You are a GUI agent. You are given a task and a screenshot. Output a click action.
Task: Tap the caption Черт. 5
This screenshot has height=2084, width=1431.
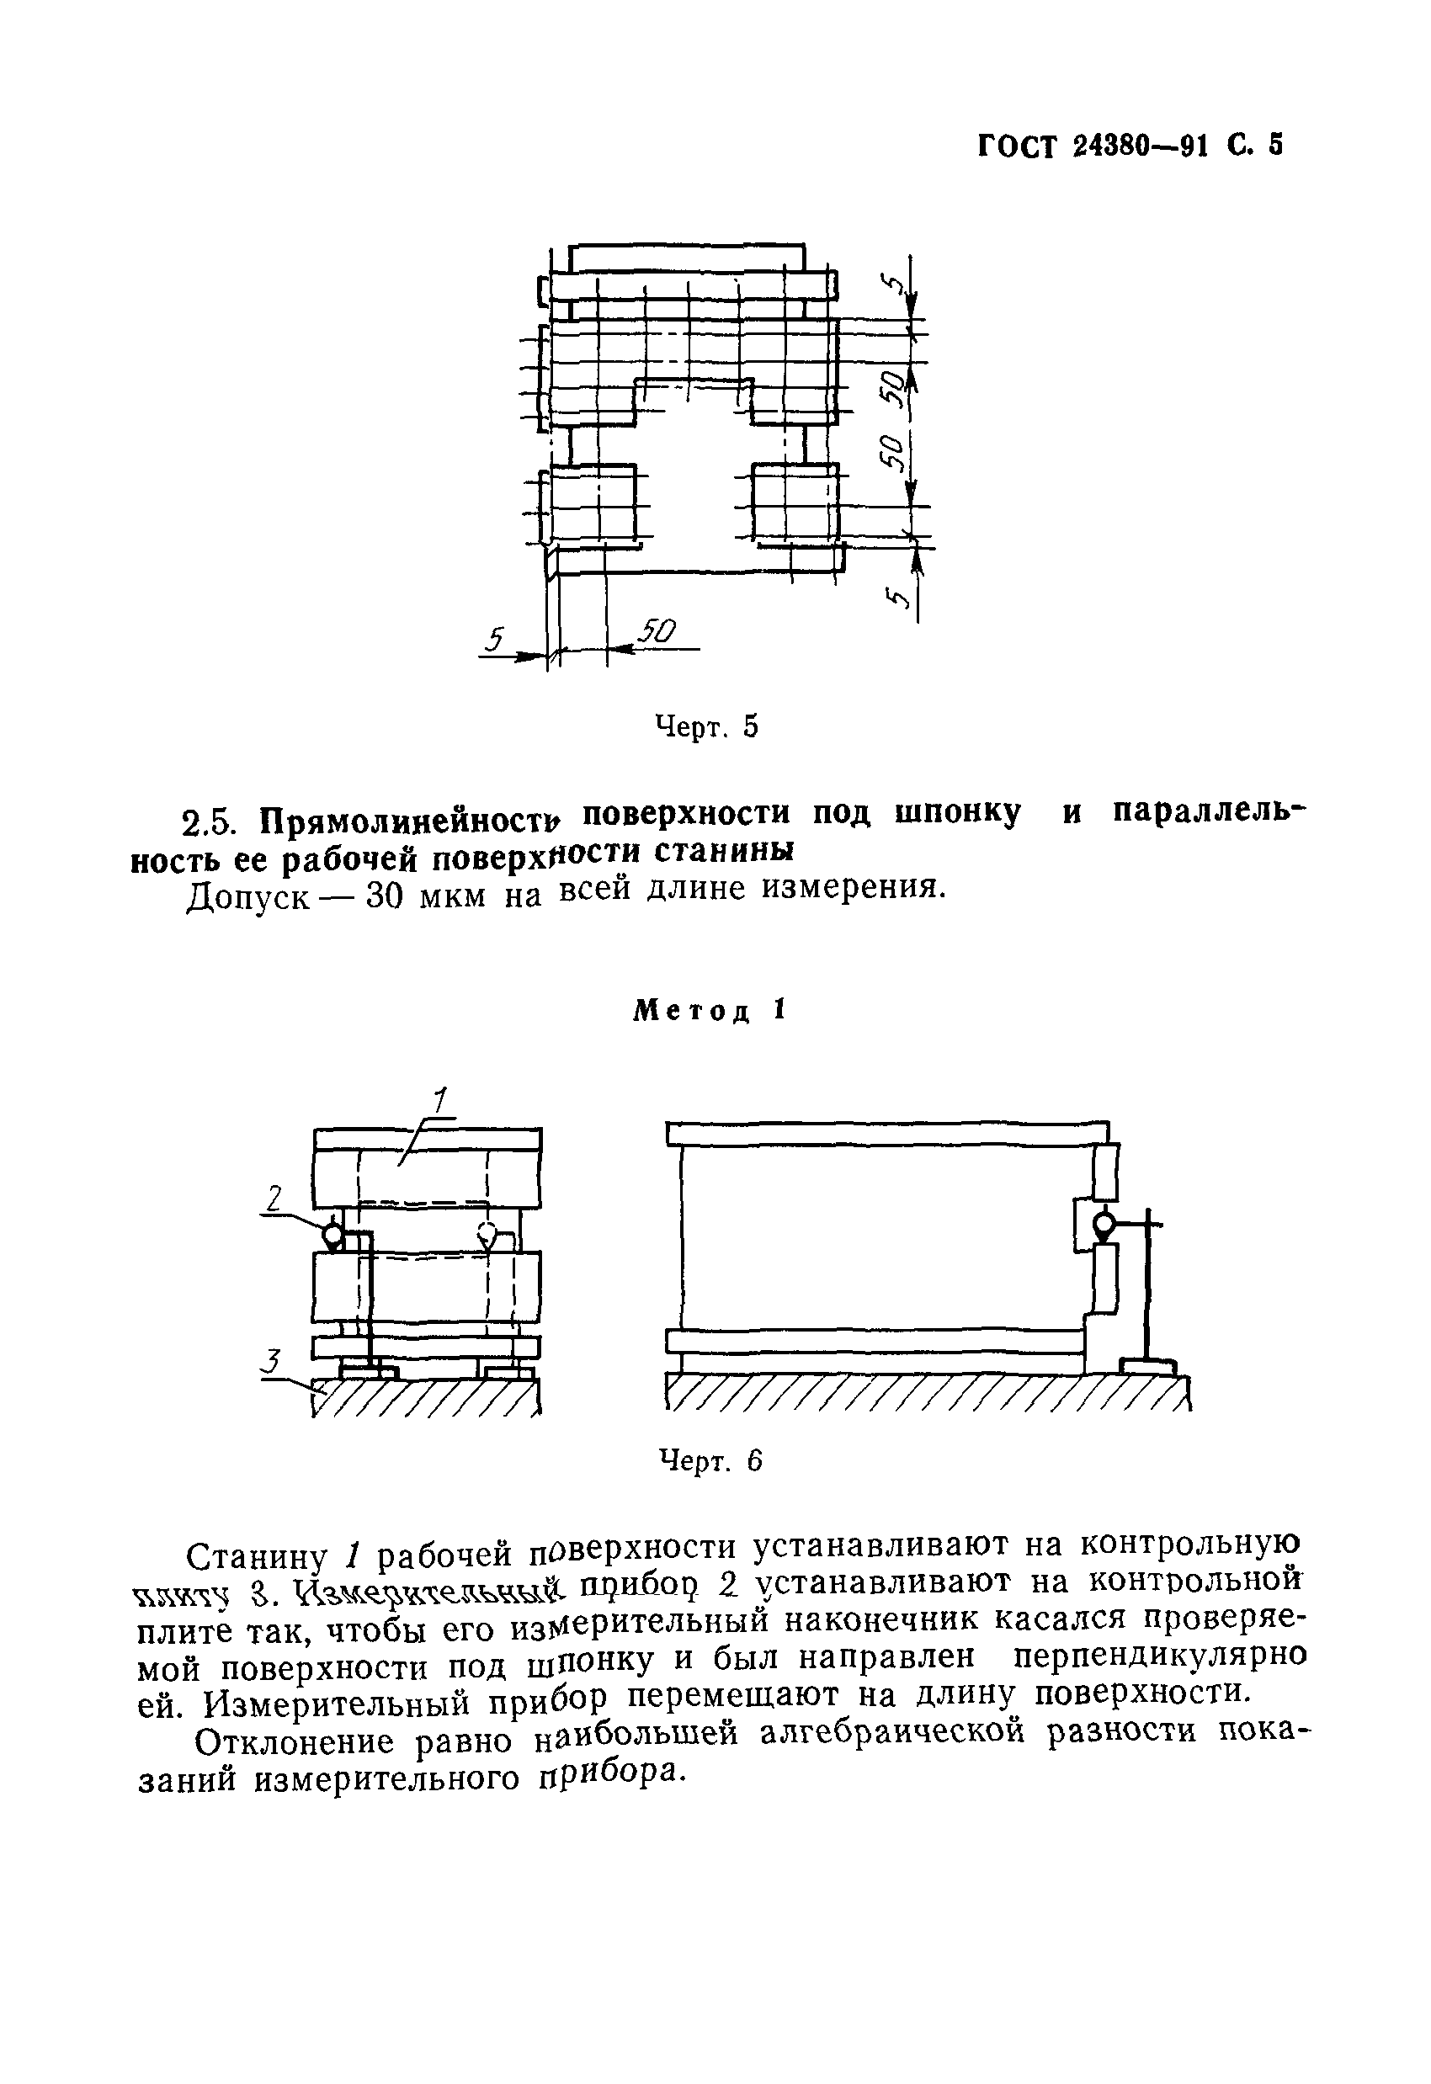[706, 726]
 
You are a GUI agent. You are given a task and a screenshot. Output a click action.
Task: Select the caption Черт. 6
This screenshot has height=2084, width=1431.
[710, 1461]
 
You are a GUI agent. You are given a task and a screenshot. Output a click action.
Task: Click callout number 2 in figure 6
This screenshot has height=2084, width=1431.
[274, 1198]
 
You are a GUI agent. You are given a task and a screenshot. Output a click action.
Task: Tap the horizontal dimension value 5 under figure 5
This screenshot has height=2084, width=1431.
[494, 639]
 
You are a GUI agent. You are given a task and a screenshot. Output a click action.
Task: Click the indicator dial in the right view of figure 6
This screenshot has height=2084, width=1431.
[1103, 1223]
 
